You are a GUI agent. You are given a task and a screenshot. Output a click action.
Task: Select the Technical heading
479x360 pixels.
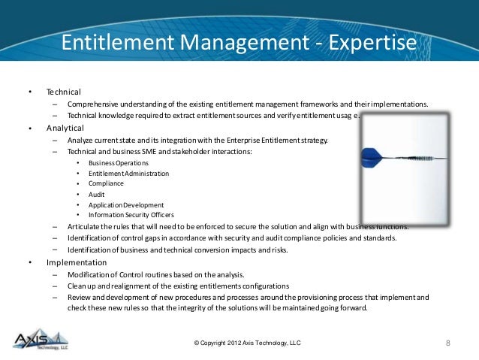click(63, 92)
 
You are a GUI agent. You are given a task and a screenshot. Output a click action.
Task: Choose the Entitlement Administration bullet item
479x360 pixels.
click(128, 174)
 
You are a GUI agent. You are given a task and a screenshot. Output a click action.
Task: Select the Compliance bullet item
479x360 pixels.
click(106, 183)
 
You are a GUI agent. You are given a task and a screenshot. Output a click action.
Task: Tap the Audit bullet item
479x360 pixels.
click(96, 194)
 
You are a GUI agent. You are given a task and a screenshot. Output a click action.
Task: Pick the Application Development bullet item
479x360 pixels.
click(125, 204)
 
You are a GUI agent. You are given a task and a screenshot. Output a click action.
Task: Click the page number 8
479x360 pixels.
click(447, 343)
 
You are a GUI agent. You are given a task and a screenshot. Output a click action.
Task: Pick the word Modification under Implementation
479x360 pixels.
click(89, 274)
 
